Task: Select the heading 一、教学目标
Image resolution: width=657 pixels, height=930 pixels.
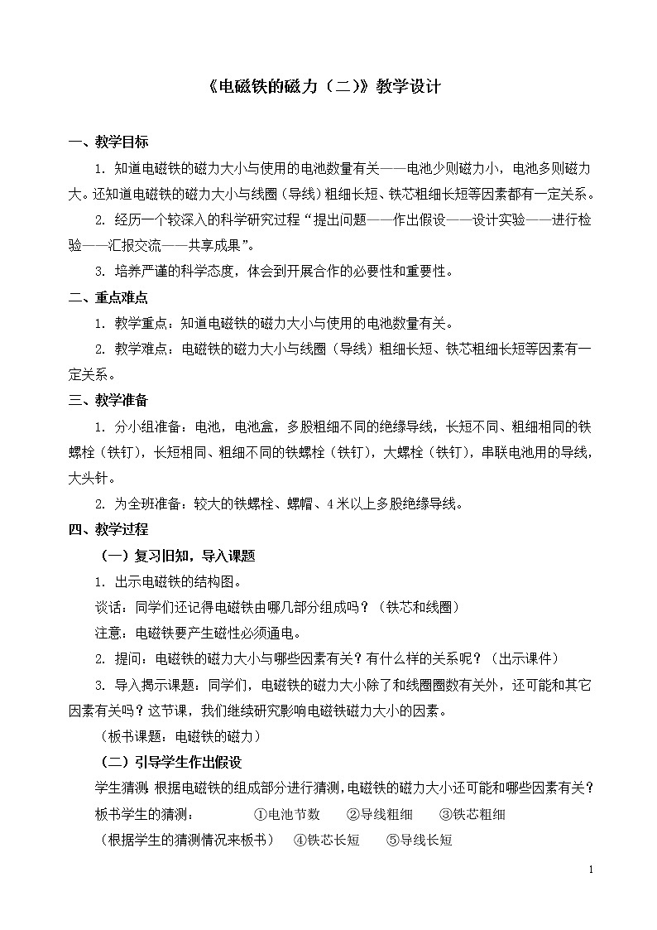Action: (108, 142)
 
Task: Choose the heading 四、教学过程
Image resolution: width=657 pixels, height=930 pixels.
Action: (108, 529)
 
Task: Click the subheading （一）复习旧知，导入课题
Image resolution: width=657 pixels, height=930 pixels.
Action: (177, 556)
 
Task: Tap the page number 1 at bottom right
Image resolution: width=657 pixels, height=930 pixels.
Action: (590, 870)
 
